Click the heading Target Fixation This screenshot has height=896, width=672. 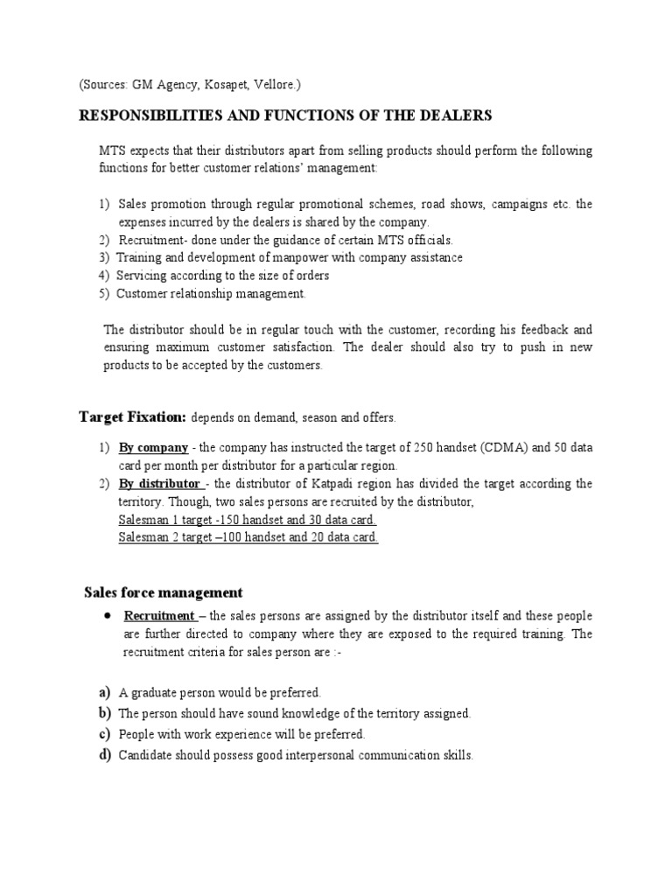point(133,416)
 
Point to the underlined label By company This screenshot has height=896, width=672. point(153,448)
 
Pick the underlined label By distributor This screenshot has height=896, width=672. point(160,484)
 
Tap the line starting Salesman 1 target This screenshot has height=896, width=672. point(248,520)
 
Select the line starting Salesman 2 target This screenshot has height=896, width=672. point(248,537)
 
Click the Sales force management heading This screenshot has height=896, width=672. point(163,593)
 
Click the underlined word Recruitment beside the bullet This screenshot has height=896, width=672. point(159,615)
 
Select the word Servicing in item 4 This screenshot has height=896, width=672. point(141,276)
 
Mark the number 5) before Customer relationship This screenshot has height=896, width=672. point(103,294)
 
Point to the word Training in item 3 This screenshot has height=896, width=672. point(138,258)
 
